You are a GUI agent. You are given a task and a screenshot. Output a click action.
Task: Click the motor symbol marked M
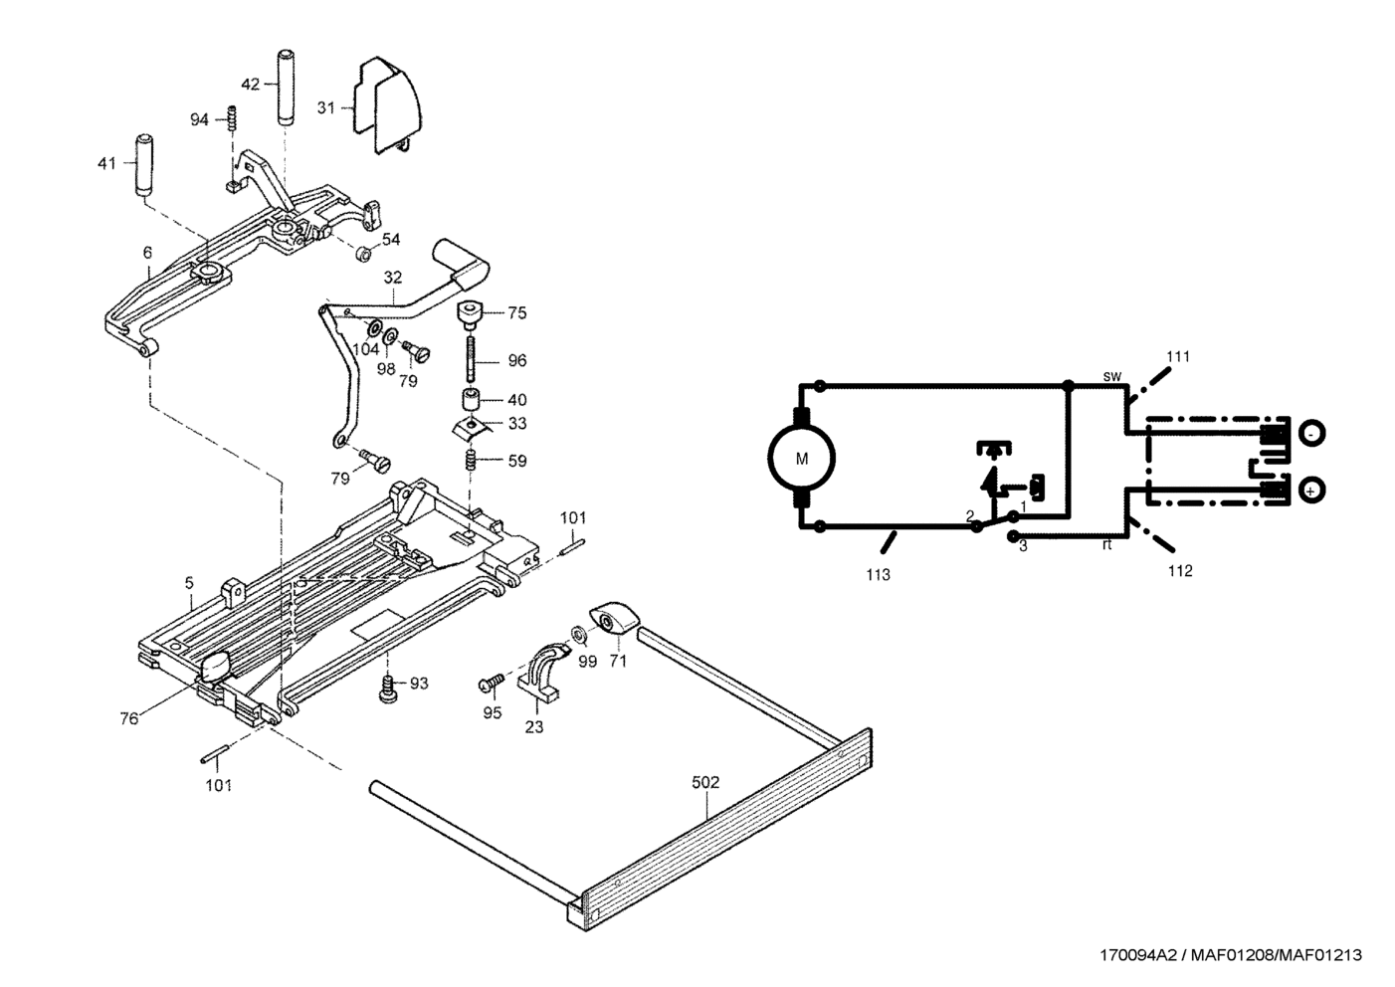click(801, 459)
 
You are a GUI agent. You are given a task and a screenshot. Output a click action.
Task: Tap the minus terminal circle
click(1312, 435)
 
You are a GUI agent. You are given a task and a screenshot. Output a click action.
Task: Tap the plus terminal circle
click(1312, 491)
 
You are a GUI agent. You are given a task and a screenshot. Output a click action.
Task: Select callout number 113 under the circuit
click(878, 574)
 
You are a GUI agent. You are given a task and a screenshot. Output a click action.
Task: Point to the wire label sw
click(1112, 376)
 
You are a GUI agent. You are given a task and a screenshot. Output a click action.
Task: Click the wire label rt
click(1106, 544)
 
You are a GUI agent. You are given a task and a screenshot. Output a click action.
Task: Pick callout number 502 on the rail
click(704, 783)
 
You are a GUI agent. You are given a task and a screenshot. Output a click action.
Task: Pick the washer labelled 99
click(579, 634)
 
